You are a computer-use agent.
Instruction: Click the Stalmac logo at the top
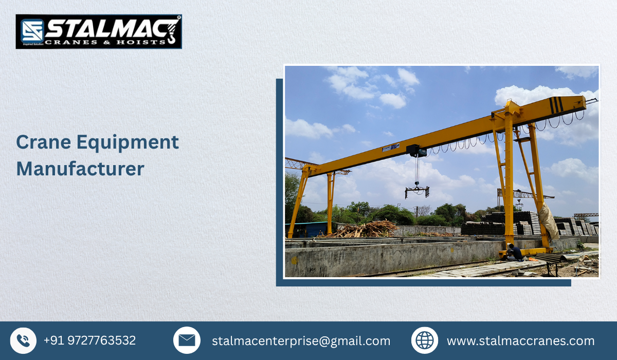[x=99, y=31]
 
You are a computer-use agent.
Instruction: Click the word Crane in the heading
[x=43, y=142]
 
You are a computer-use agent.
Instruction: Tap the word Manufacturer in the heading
[x=80, y=169]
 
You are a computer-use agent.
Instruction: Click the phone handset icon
[x=23, y=340]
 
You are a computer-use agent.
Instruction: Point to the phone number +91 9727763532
[x=89, y=340]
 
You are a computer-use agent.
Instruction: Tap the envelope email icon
[x=187, y=340]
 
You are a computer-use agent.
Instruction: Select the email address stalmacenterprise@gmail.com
[x=301, y=341]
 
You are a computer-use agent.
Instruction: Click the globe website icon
[x=425, y=340]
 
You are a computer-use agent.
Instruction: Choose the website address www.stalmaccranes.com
[x=520, y=341]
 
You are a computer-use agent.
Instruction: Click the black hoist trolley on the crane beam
[x=416, y=151]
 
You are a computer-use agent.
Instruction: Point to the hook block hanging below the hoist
[x=417, y=191]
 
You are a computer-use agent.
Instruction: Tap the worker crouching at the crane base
[x=513, y=252]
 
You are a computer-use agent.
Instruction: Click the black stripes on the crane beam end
[x=556, y=105]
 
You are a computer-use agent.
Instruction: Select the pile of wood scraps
[x=366, y=229]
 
